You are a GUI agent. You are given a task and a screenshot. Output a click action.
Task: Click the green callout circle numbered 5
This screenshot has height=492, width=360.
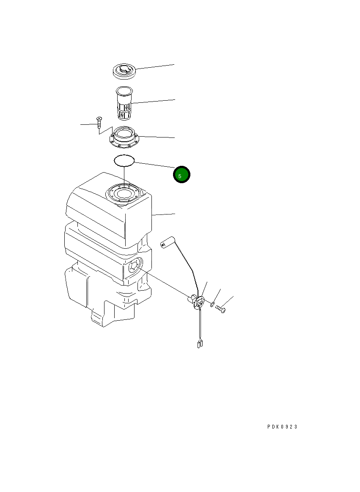pos(181,174)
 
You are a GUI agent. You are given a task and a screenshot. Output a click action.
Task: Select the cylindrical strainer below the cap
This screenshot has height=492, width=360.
pos(124,103)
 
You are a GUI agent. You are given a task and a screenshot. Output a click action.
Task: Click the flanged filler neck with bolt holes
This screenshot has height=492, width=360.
pos(124,139)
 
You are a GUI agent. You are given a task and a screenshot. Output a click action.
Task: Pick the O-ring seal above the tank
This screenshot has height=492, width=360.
pos(124,160)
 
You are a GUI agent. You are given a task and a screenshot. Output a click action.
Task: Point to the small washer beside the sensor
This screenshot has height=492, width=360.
pos(212,305)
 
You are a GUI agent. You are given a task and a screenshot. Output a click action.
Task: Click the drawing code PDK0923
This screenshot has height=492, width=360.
pos(282,427)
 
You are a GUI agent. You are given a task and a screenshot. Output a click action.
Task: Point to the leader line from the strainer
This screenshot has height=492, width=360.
pos(154,102)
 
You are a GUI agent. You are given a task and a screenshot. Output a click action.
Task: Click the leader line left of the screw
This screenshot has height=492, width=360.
pos(88,125)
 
